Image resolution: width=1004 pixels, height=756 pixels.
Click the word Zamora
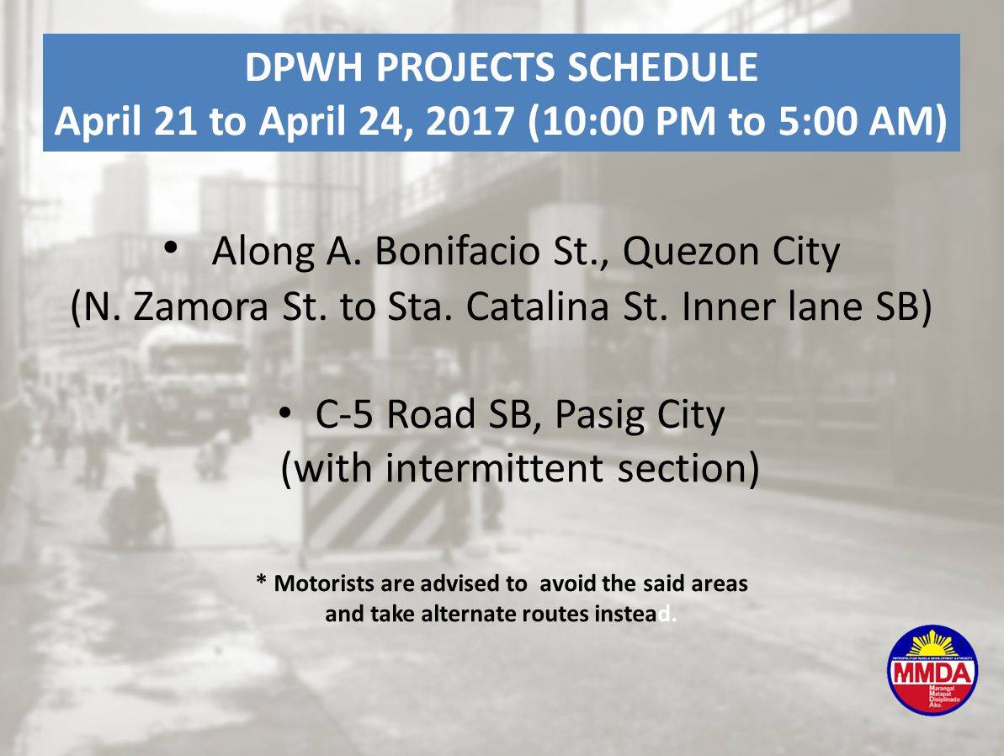[x=199, y=308]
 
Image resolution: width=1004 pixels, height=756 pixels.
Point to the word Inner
[x=726, y=308]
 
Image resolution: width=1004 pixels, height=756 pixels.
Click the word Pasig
[x=592, y=417]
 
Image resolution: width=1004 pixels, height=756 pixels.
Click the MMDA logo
[x=932, y=668]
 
